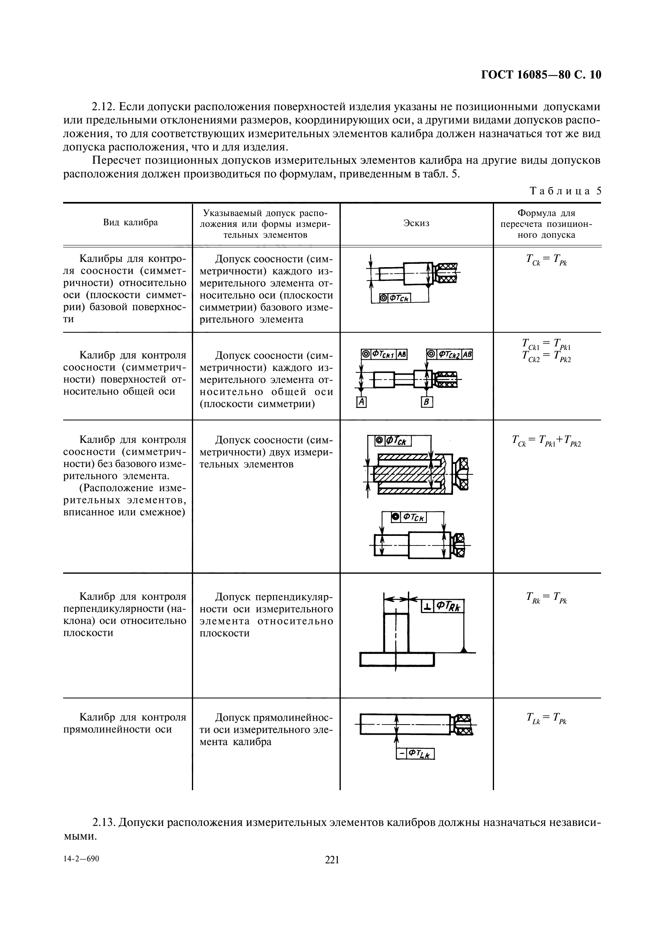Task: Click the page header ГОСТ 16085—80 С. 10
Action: coord(541,75)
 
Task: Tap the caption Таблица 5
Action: coord(566,191)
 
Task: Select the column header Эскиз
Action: coord(416,223)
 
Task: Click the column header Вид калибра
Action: coord(130,222)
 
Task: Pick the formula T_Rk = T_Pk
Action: coord(547,597)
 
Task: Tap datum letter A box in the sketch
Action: coord(361,402)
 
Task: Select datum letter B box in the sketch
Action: coord(427,402)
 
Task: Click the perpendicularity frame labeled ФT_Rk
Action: coord(443,606)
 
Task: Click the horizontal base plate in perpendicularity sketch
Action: coord(397,660)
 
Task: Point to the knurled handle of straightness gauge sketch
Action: coord(463,725)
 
